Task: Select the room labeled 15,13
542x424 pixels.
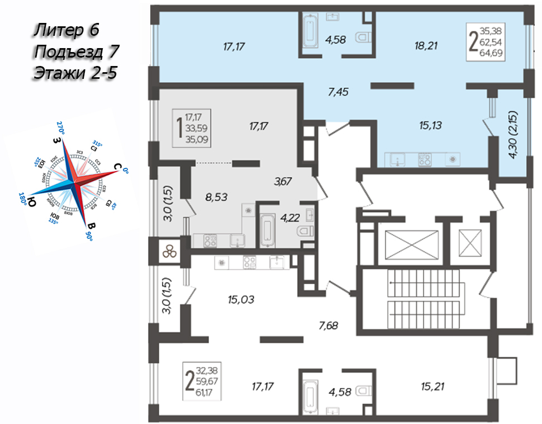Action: click(429, 126)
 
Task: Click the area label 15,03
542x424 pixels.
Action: click(240, 300)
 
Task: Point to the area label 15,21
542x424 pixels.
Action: click(434, 385)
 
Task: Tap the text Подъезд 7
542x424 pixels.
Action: click(77, 52)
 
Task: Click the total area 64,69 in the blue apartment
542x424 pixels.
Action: click(493, 54)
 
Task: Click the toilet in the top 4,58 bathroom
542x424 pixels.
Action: click(364, 38)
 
